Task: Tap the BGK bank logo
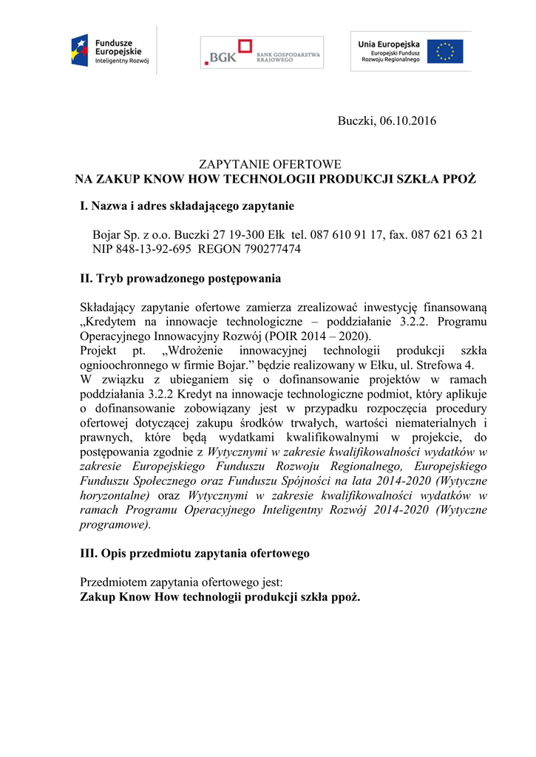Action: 262,52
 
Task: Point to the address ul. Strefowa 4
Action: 450,364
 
